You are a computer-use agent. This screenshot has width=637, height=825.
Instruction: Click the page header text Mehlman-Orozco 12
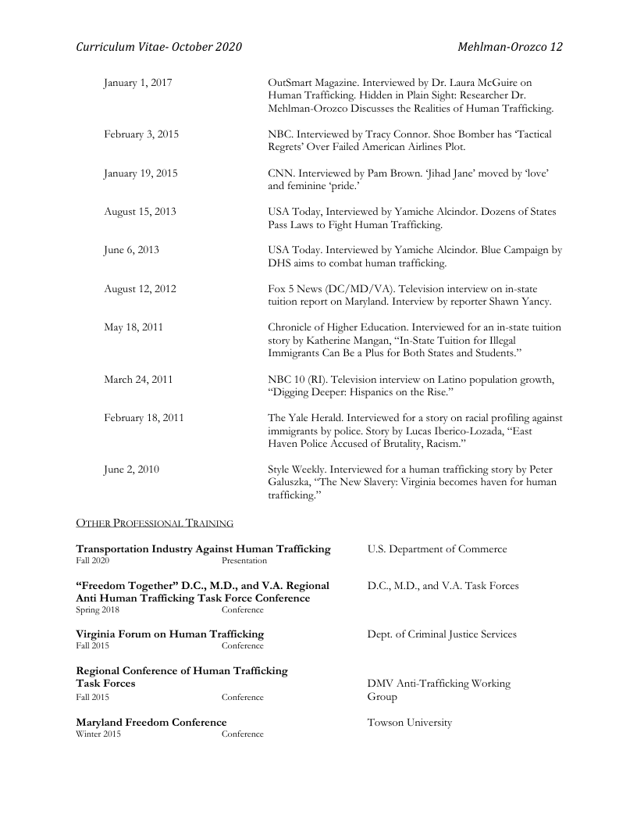click(510, 47)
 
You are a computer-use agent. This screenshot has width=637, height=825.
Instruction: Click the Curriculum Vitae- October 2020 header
click(158, 47)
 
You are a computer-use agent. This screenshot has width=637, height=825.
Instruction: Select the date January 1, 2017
click(138, 82)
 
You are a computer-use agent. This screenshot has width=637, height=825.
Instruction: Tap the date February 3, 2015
click(141, 134)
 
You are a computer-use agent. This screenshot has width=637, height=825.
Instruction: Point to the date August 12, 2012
click(140, 289)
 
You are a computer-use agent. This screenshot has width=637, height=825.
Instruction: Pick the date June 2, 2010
click(131, 470)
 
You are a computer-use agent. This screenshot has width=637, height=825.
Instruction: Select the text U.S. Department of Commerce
click(436, 549)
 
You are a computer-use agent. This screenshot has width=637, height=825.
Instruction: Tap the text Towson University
click(409, 723)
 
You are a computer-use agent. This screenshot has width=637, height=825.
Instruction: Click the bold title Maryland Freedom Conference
click(151, 722)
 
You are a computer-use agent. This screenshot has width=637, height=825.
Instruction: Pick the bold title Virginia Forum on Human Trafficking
click(169, 634)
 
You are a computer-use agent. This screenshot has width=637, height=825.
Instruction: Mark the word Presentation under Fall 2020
click(244, 561)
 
